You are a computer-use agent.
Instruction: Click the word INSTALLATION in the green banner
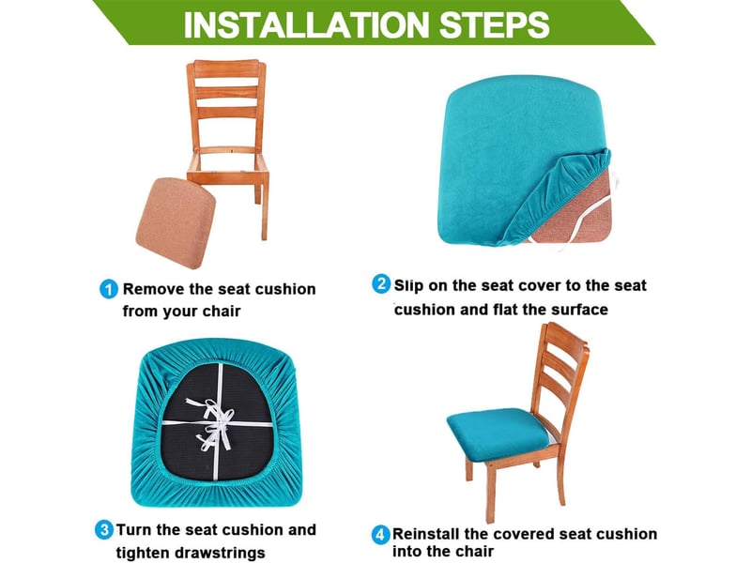pyautogui.click(x=307, y=25)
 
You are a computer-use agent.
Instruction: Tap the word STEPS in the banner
pyautogui.click(x=495, y=25)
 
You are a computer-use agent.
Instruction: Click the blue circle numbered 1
pyautogui.click(x=109, y=289)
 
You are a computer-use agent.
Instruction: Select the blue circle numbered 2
pyautogui.click(x=381, y=284)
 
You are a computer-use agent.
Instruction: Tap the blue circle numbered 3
pyautogui.click(x=104, y=530)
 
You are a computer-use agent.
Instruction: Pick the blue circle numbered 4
pyautogui.click(x=380, y=534)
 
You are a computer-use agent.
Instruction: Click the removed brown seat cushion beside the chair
pyautogui.click(x=176, y=222)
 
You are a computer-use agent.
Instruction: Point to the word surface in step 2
pyautogui.click(x=579, y=310)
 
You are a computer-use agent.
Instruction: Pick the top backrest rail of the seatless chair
pyautogui.click(x=226, y=68)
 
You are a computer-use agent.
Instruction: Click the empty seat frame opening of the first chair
pyautogui.click(x=228, y=161)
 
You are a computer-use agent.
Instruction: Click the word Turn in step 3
pyautogui.click(x=134, y=530)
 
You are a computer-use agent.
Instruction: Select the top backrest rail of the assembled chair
pyautogui.click(x=566, y=336)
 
